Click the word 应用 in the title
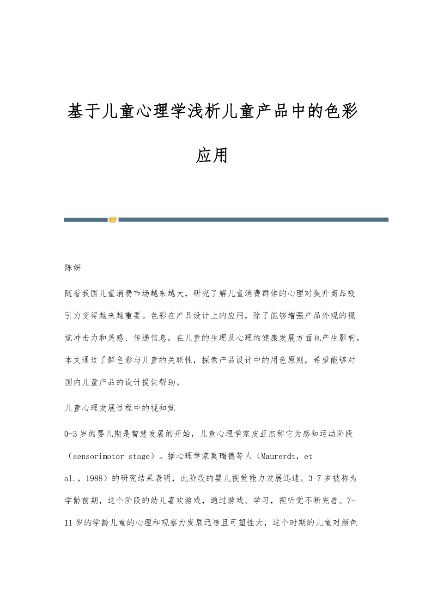point(212,156)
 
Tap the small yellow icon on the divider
point(113,220)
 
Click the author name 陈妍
point(73,268)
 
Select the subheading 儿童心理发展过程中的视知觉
point(120,408)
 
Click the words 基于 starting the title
point(84,112)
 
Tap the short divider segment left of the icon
point(86,220)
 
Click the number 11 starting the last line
point(69,523)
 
